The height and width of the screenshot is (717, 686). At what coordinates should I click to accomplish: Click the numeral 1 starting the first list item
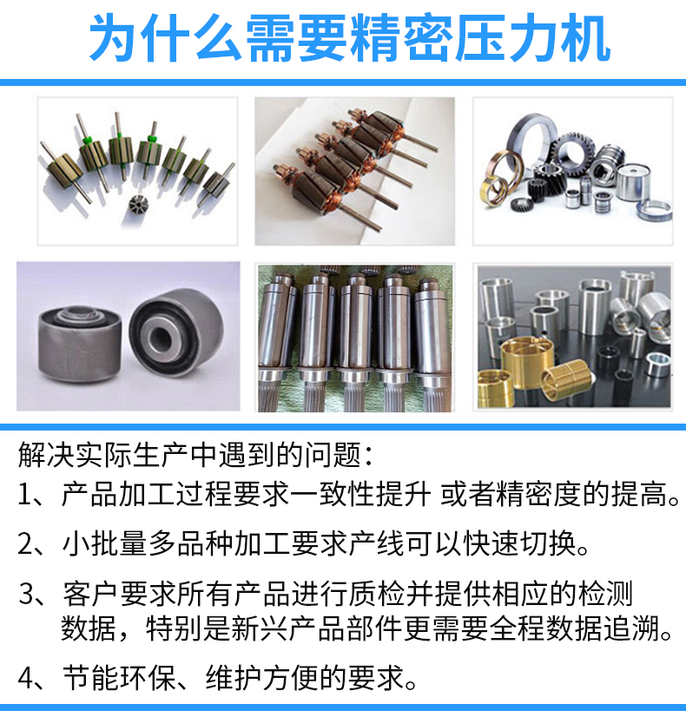coord(24,495)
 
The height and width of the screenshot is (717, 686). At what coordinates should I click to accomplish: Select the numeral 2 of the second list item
coord(24,544)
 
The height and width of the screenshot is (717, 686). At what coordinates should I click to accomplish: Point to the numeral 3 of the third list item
coord(26,594)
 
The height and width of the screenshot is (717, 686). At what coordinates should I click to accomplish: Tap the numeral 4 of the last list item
coord(25,678)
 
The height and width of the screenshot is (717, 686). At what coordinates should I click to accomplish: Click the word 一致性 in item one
coord(333,495)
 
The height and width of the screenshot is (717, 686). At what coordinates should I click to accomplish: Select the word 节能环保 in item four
coord(119,678)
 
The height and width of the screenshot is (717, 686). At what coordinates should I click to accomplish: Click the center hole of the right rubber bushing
coord(161,338)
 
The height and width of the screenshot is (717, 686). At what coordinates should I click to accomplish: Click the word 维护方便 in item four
coord(262,678)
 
